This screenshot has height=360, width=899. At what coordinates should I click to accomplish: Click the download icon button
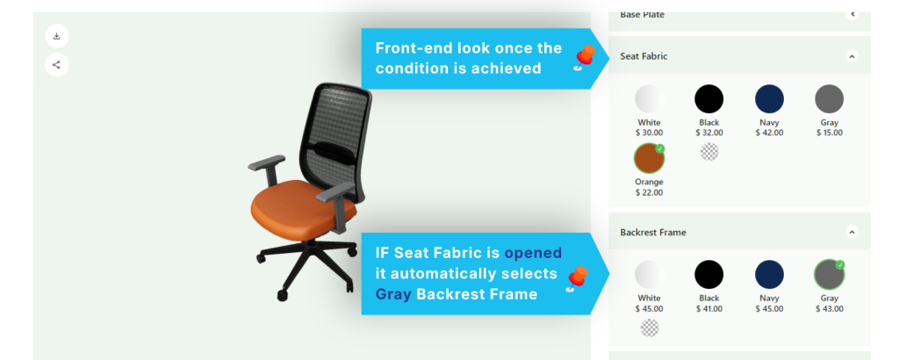click(x=57, y=36)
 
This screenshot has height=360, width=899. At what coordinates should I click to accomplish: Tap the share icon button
click(x=57, y=65)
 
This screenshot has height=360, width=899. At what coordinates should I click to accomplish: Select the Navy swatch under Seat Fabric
click(x=769, y=98)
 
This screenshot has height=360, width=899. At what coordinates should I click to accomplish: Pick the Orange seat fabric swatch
click(x=649, y=158)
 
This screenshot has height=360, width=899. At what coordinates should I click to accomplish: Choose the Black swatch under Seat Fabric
click(x=709, y=98)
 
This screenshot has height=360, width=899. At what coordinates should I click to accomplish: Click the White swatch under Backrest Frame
click(x=649, y=274)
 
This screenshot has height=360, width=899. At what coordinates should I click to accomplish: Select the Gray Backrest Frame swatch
click(x=829, y=274)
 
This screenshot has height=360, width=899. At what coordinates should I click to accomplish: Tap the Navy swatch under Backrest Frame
click(x=769, y=274)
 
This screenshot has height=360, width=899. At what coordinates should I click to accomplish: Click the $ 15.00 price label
click(x=829, y=133)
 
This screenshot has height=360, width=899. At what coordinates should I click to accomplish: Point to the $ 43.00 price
click(x=829, y=309)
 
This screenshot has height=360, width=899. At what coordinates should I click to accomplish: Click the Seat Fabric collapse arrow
click(x=852, y=56)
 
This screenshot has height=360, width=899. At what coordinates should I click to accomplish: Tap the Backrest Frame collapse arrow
click(x=852, y=232)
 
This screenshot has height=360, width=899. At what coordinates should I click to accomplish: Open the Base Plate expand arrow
click(x=852, y=14)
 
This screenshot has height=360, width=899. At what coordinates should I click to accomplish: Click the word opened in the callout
click(x=533, y=253)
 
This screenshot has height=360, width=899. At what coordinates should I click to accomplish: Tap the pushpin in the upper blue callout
click(x=584, y=58)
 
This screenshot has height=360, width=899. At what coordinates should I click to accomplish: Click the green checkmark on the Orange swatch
click(x=660, y=148)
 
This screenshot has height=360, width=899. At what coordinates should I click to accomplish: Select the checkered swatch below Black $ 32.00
click(x=709, y=152)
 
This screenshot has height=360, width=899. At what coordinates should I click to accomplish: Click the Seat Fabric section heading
click(x=644, y=56)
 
